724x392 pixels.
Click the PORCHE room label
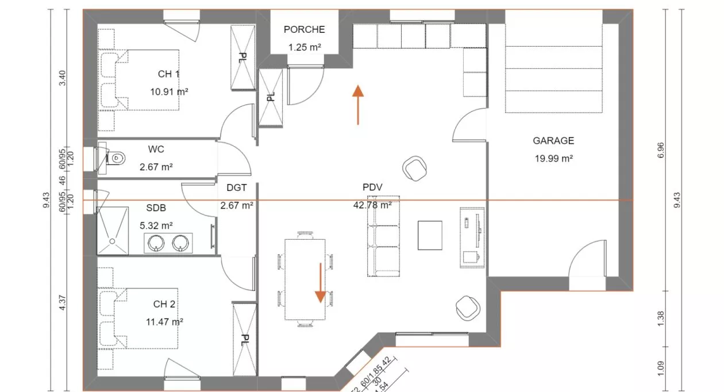[304, 29]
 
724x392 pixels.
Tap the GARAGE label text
[553, 140]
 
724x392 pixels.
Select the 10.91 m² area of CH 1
[168, 91]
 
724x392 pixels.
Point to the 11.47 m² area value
[164, 322]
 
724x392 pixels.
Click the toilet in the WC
[117, 156]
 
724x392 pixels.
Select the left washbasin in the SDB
[157, 244]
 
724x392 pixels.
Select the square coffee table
[430, 235]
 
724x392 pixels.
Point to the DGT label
[236, 187]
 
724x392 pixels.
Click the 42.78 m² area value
[372, 205]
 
